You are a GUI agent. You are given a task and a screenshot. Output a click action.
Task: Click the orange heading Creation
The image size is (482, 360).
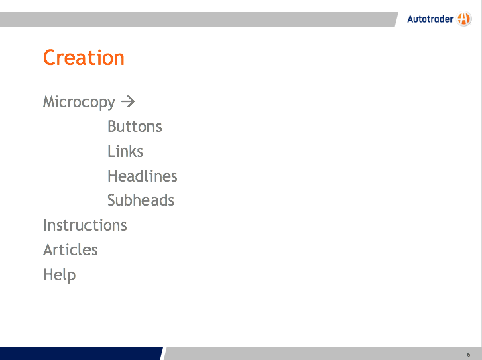(x=84, y=58)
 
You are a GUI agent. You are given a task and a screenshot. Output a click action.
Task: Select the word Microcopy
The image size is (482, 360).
(x=79, y=103)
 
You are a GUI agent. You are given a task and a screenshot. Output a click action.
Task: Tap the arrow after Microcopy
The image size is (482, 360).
(x=128, y=101)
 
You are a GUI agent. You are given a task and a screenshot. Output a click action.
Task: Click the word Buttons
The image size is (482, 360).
(x=135, y=126)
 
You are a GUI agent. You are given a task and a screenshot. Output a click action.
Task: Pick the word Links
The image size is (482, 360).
(x=125, y=152)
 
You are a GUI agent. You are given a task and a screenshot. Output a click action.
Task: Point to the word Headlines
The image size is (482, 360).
(x=142, y=176)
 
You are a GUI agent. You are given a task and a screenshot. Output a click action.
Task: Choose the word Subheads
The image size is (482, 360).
(x=141, y=200)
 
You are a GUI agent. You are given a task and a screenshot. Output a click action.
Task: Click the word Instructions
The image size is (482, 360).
(x=85, y=225)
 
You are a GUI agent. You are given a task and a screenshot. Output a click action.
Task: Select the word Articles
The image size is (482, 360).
(x=70, y=249)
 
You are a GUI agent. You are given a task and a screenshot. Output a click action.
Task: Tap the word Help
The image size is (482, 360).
(x=59, y=275)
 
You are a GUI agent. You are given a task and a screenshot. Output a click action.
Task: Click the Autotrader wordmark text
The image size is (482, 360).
(x=430, y=19)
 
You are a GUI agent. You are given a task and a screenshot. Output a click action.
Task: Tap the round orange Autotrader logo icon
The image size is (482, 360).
(x=464, y=19)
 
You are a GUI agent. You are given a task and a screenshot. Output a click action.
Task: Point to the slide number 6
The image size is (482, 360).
(x=469, y=355)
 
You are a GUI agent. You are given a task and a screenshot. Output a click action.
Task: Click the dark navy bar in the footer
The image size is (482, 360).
(x=80, y=353)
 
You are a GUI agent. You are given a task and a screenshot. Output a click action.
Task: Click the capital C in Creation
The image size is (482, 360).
(x=49, y=58)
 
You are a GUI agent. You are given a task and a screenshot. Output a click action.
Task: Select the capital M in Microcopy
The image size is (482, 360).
(x=50, y=101)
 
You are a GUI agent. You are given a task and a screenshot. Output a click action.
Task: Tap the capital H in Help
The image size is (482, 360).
(x=48, y=274)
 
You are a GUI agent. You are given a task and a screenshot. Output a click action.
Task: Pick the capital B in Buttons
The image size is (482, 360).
(x=112, y=126)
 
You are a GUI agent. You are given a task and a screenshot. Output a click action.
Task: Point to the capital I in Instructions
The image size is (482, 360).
(x=45, y=225)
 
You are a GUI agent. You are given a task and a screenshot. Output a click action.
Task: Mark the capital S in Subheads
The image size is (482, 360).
(x=112, y=200)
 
